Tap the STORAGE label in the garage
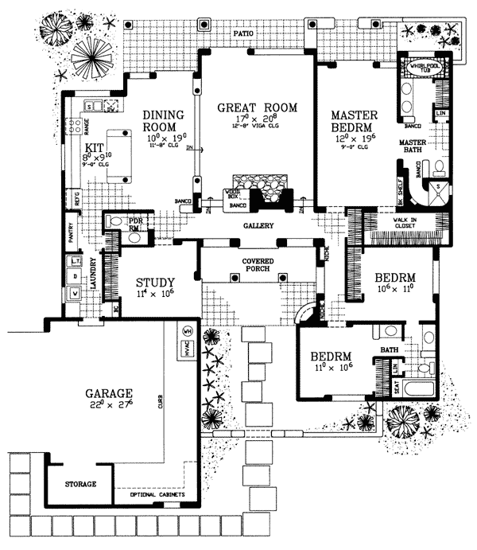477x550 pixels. pos(80,484)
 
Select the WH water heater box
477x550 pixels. pos(188,330)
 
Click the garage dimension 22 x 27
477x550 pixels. pos(111,406)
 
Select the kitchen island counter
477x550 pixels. pos(118,154)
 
